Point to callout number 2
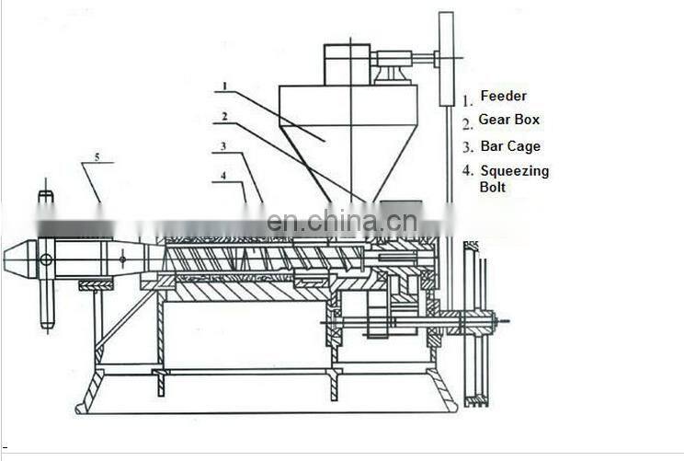click(223, 117)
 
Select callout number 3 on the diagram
click(223, 146)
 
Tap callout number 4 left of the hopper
click(223, 175)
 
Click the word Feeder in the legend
click(504, 96)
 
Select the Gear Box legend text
click(508, 120)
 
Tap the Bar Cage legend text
click(510, 145)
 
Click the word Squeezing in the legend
click(514, 170)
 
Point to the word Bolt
click(493, 187)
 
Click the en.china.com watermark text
click(341, 222)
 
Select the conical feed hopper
click(349, 138)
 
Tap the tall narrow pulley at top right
click(447, 57)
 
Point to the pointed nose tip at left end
click(11, 259)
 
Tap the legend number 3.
click(467, 147)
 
